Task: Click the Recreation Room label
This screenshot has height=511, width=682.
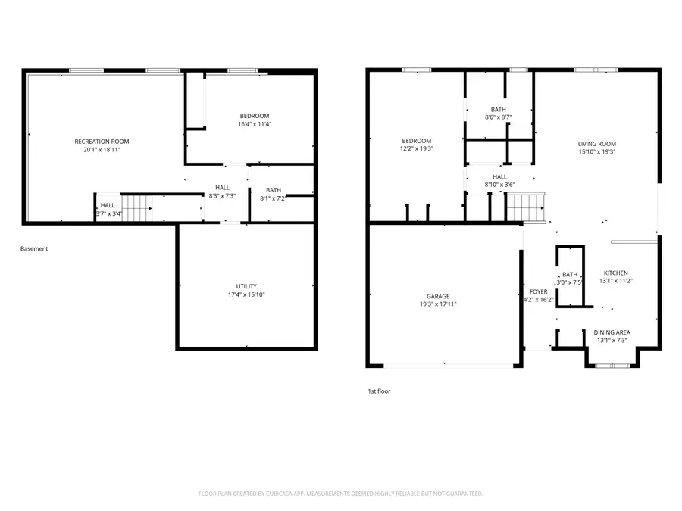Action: click(x=102, y=142)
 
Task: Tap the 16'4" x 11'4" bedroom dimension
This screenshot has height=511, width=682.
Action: click(x=255, y=124)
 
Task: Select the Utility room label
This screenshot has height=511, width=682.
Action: click(x=246, y=286)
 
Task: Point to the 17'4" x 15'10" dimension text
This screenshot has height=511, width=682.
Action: click(x=246, y=294)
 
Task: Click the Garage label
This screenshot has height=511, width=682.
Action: click(x=438, y=296)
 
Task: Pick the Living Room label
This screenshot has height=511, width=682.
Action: click(x=597, y=144)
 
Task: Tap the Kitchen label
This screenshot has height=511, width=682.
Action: click(x=615, y=273)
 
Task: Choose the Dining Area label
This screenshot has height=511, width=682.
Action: click(x=612, y=332)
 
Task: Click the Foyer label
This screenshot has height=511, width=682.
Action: click(x=539, y=291)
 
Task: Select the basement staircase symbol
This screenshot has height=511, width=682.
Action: click(x=136, y=208)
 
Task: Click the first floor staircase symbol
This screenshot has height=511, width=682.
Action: click(x=526, y=207)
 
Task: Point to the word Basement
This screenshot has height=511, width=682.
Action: click(x=34, y=248)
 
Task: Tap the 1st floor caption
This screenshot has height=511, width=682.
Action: click(x=380, y=391)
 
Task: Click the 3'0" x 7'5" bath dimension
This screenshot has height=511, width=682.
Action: click(x=569, y=282)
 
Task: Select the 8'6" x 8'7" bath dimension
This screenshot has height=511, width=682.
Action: click(x=499, y=117)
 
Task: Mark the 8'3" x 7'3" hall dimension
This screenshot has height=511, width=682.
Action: click(x=222, y=196)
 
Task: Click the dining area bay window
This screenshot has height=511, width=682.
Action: click(x=612, y=366)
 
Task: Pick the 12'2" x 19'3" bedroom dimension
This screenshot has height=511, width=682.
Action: click(x=417, y=148)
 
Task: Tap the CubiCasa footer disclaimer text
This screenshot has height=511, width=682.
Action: click(x=340, y=494)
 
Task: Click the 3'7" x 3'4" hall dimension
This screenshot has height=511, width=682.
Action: click(x=108, y=213)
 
